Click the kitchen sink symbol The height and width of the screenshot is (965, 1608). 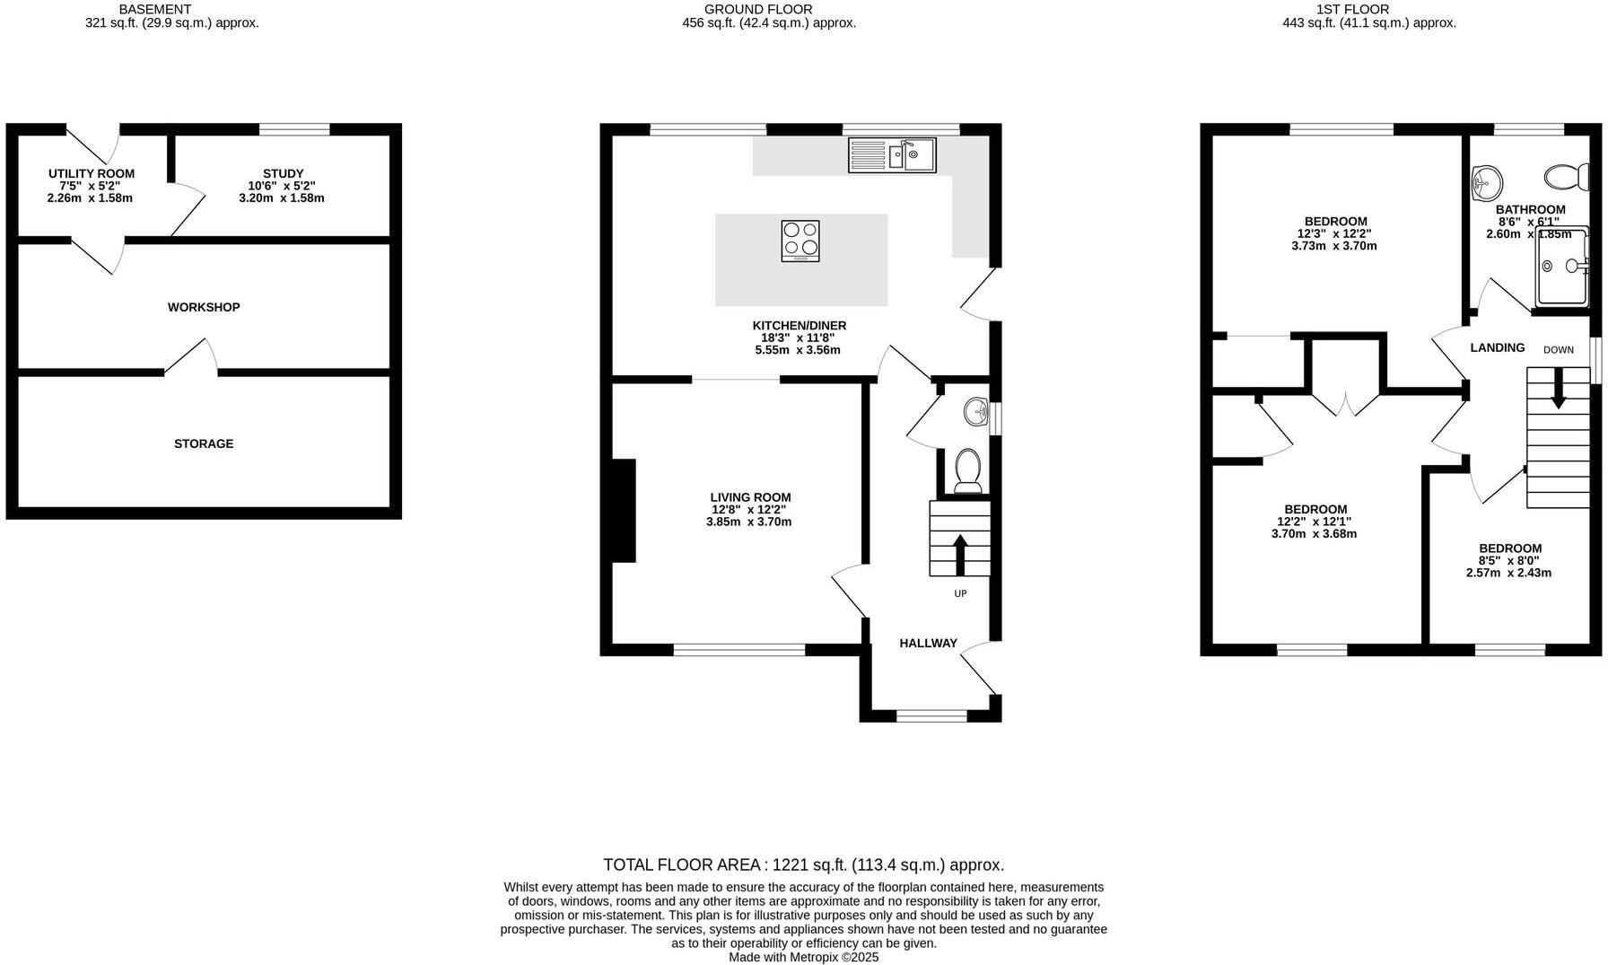892,155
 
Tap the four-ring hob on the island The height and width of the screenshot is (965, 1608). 800,241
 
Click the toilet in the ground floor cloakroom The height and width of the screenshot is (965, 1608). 967,470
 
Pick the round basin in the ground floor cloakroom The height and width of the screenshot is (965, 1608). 975,413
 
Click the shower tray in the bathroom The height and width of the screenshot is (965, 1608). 1565,267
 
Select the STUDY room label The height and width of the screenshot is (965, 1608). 283,173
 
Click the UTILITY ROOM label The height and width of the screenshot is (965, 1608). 92,173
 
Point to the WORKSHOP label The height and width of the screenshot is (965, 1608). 204,307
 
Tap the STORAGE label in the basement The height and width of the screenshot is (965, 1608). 204,443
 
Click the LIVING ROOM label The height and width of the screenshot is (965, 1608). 750,497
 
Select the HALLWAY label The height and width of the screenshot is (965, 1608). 928,643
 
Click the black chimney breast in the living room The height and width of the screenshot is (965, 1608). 624,511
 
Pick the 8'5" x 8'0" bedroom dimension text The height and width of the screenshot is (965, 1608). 1509,560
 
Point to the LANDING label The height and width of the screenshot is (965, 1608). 1497,347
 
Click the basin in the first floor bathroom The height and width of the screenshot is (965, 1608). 1487,182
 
